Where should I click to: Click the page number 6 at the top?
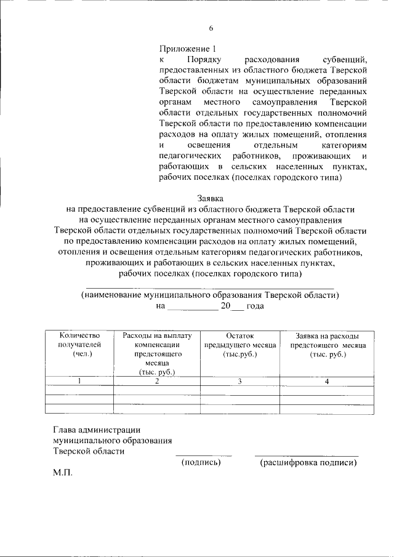click(x=211, y=28)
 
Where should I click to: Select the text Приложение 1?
click(x=188, y=49)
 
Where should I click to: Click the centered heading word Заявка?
click(x=210, y=198)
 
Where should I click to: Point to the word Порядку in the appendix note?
click(x=204, y=60)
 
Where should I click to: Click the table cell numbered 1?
click(x=79, y=382)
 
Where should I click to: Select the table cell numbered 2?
click(x=157, y=382)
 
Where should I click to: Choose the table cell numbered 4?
click(x=327, y=382)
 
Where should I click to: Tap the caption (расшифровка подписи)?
click(x=308, y=462)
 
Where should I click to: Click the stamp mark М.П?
click(x=63, y=473)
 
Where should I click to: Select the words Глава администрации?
click(x=97, y=430)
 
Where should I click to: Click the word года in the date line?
click(x=255, y=306)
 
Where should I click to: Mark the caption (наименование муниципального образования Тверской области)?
click(x=210, y=295)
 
